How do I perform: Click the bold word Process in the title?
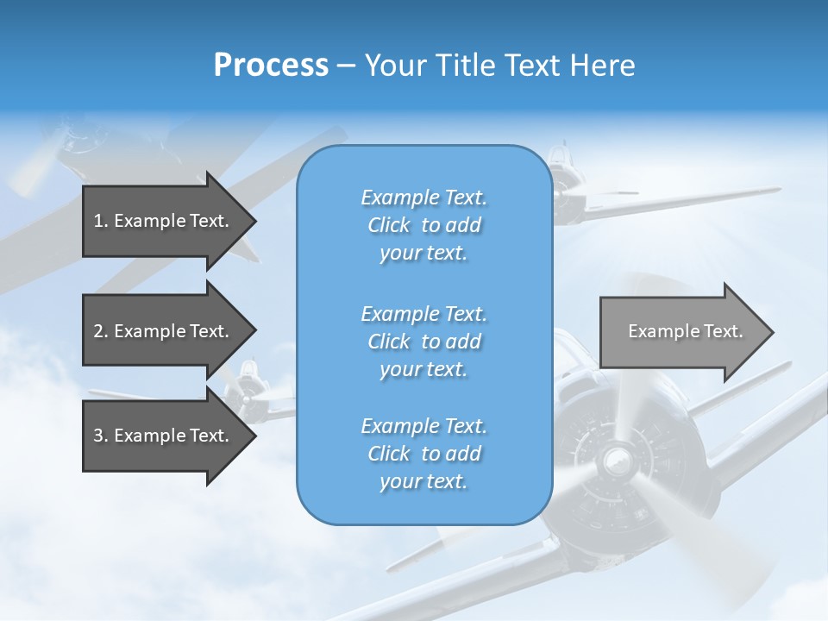[x=271, y=66]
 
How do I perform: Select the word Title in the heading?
[x=465, y=66]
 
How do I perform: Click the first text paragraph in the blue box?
[x=423, y=225]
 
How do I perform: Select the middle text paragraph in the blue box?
[x=423, y=342]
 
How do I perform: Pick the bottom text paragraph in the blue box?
[x=423, y=454]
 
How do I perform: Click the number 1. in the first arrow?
[x=101, y=221]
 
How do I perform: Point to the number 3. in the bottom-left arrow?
[x=101, y=436]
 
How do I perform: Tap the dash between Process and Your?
[x=346, y=66]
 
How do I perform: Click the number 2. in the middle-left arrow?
[x=101, y=331]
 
